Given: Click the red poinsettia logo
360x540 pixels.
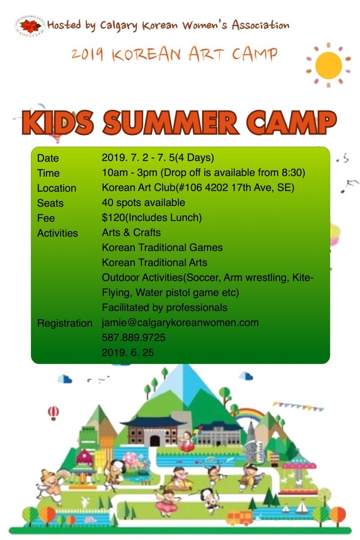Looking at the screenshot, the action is coord(30,26).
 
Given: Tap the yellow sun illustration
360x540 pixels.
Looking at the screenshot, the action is coord(328,65).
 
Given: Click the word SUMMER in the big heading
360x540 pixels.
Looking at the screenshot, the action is coord(171,123).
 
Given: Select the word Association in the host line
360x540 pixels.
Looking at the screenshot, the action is coord(261,25).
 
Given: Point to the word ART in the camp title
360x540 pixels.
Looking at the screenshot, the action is coord(206,54).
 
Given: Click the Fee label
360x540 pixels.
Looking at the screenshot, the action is coord(46,218).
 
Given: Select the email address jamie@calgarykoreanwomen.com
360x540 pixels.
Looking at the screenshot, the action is coord(180,323).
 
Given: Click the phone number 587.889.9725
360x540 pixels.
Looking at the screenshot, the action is coord(134,337).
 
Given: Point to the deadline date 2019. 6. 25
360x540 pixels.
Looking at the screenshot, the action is coord(128,352).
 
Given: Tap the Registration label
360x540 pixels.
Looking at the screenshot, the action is coord(65,323).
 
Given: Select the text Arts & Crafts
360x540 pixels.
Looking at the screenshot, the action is coord(131,233).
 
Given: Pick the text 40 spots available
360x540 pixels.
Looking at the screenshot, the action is coord(144,202).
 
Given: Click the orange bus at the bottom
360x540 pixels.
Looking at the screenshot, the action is coord(240,517).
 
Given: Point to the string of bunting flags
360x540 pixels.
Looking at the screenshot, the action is coord(297,406).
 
